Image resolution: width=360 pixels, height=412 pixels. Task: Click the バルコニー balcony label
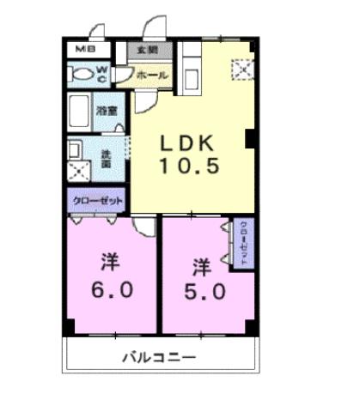click(158, 357)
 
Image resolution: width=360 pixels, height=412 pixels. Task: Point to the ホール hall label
click(154, 76)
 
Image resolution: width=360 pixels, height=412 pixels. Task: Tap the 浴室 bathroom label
click(107, 111)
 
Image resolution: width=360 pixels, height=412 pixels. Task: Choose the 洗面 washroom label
click(105, 156)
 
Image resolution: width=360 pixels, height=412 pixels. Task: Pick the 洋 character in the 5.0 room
click(200, 264)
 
